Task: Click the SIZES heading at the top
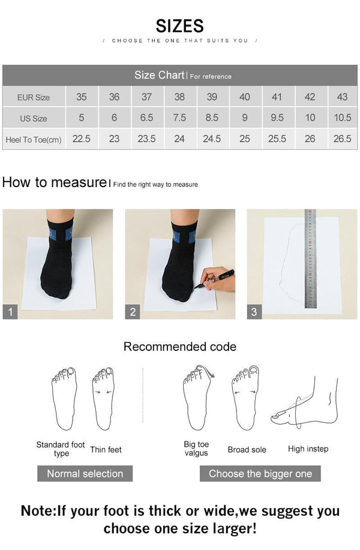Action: pos(180,26)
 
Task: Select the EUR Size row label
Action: pos(34,97)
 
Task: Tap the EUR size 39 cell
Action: pos(212,97)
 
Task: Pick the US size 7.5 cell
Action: pos(179,118)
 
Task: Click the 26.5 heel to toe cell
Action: pos(342,139)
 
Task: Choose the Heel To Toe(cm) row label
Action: pos(34,140)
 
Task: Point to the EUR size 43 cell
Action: pos(342,97)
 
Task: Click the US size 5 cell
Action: pos(82,118)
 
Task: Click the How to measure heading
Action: pos(54,182)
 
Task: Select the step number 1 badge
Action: pos(10,312)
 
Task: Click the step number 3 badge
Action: pos(254,312)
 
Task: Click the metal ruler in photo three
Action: pos(310,258)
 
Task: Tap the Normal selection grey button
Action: pos(85,473)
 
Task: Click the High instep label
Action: pos(308,449)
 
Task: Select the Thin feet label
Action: pos(106,449)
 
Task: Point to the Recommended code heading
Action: pos(180,347)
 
